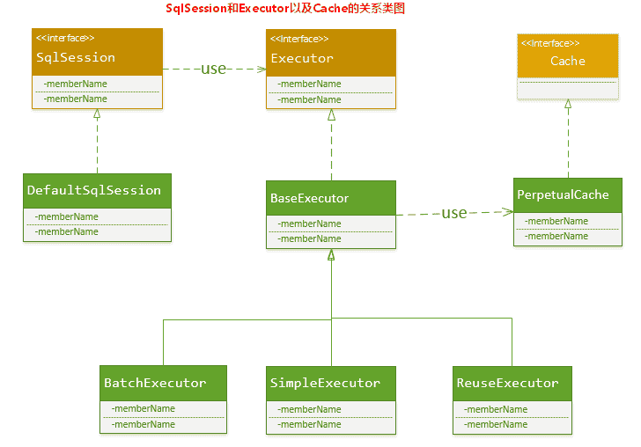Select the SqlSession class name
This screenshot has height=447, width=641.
76,58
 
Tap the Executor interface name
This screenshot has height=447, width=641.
302,59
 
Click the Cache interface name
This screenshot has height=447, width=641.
568,62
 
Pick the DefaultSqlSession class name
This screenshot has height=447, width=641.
94,190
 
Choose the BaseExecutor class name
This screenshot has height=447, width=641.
310,199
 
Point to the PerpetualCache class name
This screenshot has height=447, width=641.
563,194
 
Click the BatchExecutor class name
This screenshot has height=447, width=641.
155,384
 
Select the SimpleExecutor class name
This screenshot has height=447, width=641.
325,384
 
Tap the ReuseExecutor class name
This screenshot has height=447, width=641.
507,384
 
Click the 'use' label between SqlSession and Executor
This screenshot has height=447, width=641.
214,69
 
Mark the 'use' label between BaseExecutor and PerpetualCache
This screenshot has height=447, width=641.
454,213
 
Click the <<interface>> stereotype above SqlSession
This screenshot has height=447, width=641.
65,39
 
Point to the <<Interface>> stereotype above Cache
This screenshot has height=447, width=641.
550,43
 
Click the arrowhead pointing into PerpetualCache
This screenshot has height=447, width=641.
508,211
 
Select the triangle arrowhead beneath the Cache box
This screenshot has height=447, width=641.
568,104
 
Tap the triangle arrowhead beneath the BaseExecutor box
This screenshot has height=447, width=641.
331,255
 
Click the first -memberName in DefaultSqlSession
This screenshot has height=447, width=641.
67,216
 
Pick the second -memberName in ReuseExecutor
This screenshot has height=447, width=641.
497,424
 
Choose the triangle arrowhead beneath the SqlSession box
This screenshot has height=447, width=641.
97,114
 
